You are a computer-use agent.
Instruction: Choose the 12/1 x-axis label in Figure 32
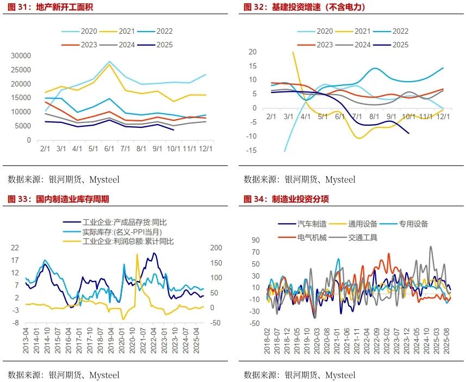443,116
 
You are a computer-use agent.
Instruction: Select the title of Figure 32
304,7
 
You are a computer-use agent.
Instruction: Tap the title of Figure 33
58,199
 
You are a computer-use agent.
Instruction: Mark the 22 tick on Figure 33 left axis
15,248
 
